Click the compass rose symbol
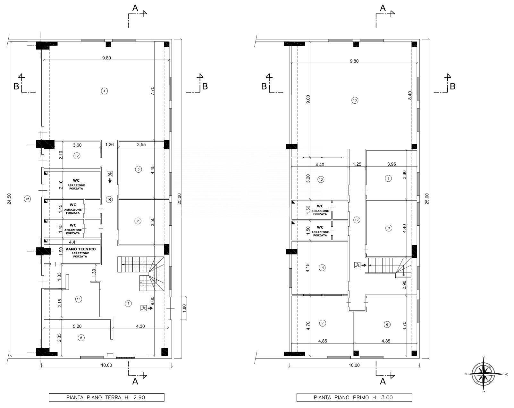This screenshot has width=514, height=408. pos(484,374)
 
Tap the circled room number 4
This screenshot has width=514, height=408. pos(105,91)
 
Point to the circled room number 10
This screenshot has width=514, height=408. pos(355,100)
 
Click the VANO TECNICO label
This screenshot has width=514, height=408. pos(80,249)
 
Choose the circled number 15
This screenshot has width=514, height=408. pos(27,199)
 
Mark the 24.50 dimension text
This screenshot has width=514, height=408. pos(9,199)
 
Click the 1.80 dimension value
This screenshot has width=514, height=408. pos(184,308)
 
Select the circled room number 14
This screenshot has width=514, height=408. pos(322,268)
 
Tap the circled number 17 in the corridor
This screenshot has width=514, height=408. pos(357,220)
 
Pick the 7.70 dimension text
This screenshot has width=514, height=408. pos(153,91)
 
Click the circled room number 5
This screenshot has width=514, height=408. pos(81,338)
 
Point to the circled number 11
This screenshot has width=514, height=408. pos(78,299)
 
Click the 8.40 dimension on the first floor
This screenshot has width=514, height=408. pos(410,95)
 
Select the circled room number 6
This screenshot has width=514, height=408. pos(387,325)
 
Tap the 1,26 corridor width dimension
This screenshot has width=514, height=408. pos(109,144)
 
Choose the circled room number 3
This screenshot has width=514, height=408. pos(139,169)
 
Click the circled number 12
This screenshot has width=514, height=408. pos(77,156)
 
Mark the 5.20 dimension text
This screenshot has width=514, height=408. pos(77,326)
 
